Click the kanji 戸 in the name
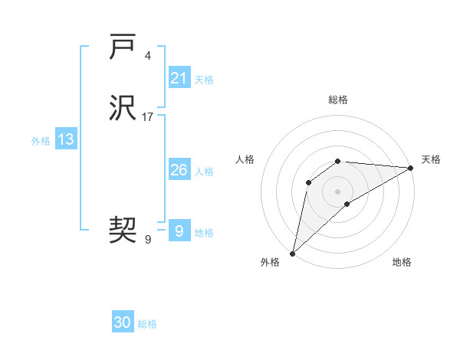click(x=123, y=47)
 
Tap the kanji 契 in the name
click(x=123, y=228)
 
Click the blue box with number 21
click(x=179, y=78)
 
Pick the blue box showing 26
click(x=179, y=170)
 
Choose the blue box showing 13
click(x=65, y=139)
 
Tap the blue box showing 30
click(x=123, y=322)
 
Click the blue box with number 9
click(x=179, y=231)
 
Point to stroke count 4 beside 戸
click(x=147, y=56)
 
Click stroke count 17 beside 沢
click(x=148, y=117)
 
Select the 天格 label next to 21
click(x=204, y=79)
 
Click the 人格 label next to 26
click(x=204, y=172)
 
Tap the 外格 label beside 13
click(x=41, y=141)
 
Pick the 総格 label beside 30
click(x=147, y=324)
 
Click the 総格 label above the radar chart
click(x=337, y=100)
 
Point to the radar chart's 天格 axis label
click(x=431, y=159)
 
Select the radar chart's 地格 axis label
click(x=402, y=262)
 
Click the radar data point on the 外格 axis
click(x=292, y=253)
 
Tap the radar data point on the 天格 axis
click(x=411, y=168)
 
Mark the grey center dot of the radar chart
click(x=337, y=191)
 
